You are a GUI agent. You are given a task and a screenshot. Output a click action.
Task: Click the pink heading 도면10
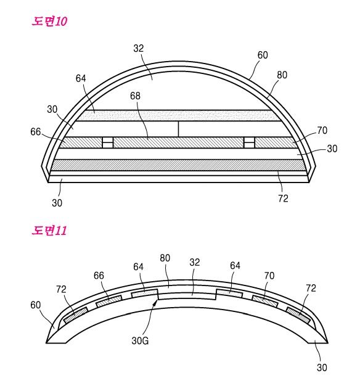[49, 21]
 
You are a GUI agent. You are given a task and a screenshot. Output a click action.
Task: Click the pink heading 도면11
[49, 231]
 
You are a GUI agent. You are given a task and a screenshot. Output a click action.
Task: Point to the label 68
[135, 96]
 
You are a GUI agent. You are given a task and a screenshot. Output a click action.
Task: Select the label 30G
[140, 341]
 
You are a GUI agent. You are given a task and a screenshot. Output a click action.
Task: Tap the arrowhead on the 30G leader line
[155, 302]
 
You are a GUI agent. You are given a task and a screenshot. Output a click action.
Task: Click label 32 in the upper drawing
[138, 48]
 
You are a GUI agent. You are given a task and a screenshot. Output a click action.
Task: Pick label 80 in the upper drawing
[282, 75]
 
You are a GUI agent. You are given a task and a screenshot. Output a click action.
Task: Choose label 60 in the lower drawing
[35, 305]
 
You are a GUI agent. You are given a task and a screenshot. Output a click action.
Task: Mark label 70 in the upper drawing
[322, 130]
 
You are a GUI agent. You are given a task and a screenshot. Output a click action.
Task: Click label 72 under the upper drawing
[283, 198]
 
